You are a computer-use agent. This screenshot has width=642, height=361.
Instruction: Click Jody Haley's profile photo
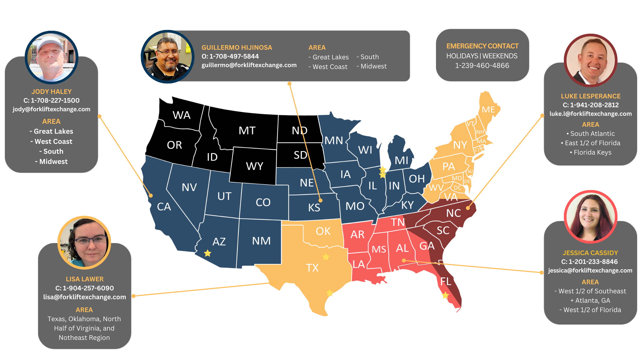point(51,57)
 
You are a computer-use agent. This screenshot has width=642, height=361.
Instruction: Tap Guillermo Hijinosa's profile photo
point(167,57)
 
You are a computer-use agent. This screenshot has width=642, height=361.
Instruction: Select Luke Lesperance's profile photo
point(591,60)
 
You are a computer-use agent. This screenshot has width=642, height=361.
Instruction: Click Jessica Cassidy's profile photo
point(591,217)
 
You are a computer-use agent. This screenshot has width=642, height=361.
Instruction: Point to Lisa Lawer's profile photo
point(84,243)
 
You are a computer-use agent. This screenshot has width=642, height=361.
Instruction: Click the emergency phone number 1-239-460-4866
point(482,66)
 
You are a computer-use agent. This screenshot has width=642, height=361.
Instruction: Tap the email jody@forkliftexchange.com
point(51,109)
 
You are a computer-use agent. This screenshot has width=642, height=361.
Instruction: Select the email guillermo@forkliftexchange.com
point(249,65)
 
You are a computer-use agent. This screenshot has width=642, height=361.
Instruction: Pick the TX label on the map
point(312,268)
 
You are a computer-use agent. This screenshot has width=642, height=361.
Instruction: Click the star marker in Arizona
point(208,253)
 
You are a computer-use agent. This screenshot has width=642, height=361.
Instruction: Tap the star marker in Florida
point(445,295)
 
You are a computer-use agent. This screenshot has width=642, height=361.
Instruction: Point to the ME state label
point(488,110)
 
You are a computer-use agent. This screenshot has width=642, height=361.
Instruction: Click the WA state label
point(181,115)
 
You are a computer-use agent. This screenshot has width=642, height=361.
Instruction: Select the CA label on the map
point(164,207)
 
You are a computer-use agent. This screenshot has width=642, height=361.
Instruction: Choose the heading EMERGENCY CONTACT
point(482,46)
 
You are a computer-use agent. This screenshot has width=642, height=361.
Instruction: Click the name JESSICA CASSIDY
point(590,253)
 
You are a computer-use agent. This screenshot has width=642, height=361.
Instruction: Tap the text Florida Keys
point(592,152)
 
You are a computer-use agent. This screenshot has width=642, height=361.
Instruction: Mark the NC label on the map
point(453,213)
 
